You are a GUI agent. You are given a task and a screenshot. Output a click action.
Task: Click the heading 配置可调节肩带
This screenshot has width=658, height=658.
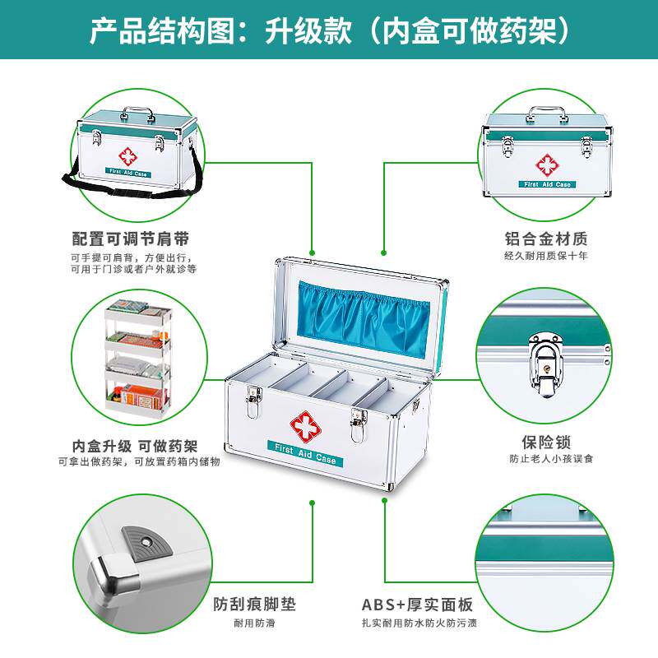tap(131, 239)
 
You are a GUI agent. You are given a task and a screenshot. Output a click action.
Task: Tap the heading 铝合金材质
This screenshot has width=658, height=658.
tap(546, 239)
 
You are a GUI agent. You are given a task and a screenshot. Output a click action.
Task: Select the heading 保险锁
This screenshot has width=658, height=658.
tap(546, 443)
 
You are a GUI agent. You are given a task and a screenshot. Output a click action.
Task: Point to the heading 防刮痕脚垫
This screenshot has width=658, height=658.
tap(254, 605)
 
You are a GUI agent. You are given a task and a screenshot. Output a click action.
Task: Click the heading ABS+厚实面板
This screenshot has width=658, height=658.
tap(418, 605)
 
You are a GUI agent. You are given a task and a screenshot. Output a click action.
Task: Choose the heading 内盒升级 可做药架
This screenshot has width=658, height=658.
tap(134, 446)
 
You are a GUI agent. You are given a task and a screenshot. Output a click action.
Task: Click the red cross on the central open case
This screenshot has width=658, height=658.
tap(305, 427)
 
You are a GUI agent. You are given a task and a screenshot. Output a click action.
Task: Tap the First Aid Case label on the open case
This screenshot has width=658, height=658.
tap(305, 453)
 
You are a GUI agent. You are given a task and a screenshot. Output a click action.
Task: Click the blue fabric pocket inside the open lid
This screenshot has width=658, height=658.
tap(364, 319)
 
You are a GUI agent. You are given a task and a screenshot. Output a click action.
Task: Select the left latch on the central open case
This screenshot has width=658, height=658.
tap(253, 401)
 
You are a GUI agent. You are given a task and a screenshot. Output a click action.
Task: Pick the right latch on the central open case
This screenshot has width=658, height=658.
tap(359, 424)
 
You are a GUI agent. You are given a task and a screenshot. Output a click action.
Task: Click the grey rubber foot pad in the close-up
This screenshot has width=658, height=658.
tap(147, 542)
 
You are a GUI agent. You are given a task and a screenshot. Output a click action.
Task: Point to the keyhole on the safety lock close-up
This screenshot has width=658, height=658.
tap(546, 368)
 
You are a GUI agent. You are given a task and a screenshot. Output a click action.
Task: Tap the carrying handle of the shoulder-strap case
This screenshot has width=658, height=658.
tap(137, 114)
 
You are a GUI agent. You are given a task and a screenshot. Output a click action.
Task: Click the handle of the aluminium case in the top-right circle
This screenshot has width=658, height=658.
tap(545, 114)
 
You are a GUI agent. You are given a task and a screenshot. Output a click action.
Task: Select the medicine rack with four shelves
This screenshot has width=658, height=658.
tap(138, 356)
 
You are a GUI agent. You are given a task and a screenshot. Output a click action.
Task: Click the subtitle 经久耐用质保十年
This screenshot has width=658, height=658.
tap(546, 256)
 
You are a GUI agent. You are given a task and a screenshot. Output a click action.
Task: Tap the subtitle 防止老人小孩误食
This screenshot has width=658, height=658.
tap(551, 459)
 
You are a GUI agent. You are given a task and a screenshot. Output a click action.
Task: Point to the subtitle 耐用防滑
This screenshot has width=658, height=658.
tap(254, 623)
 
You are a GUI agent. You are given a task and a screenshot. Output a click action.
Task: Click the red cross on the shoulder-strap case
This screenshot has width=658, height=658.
tap(127, 156)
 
